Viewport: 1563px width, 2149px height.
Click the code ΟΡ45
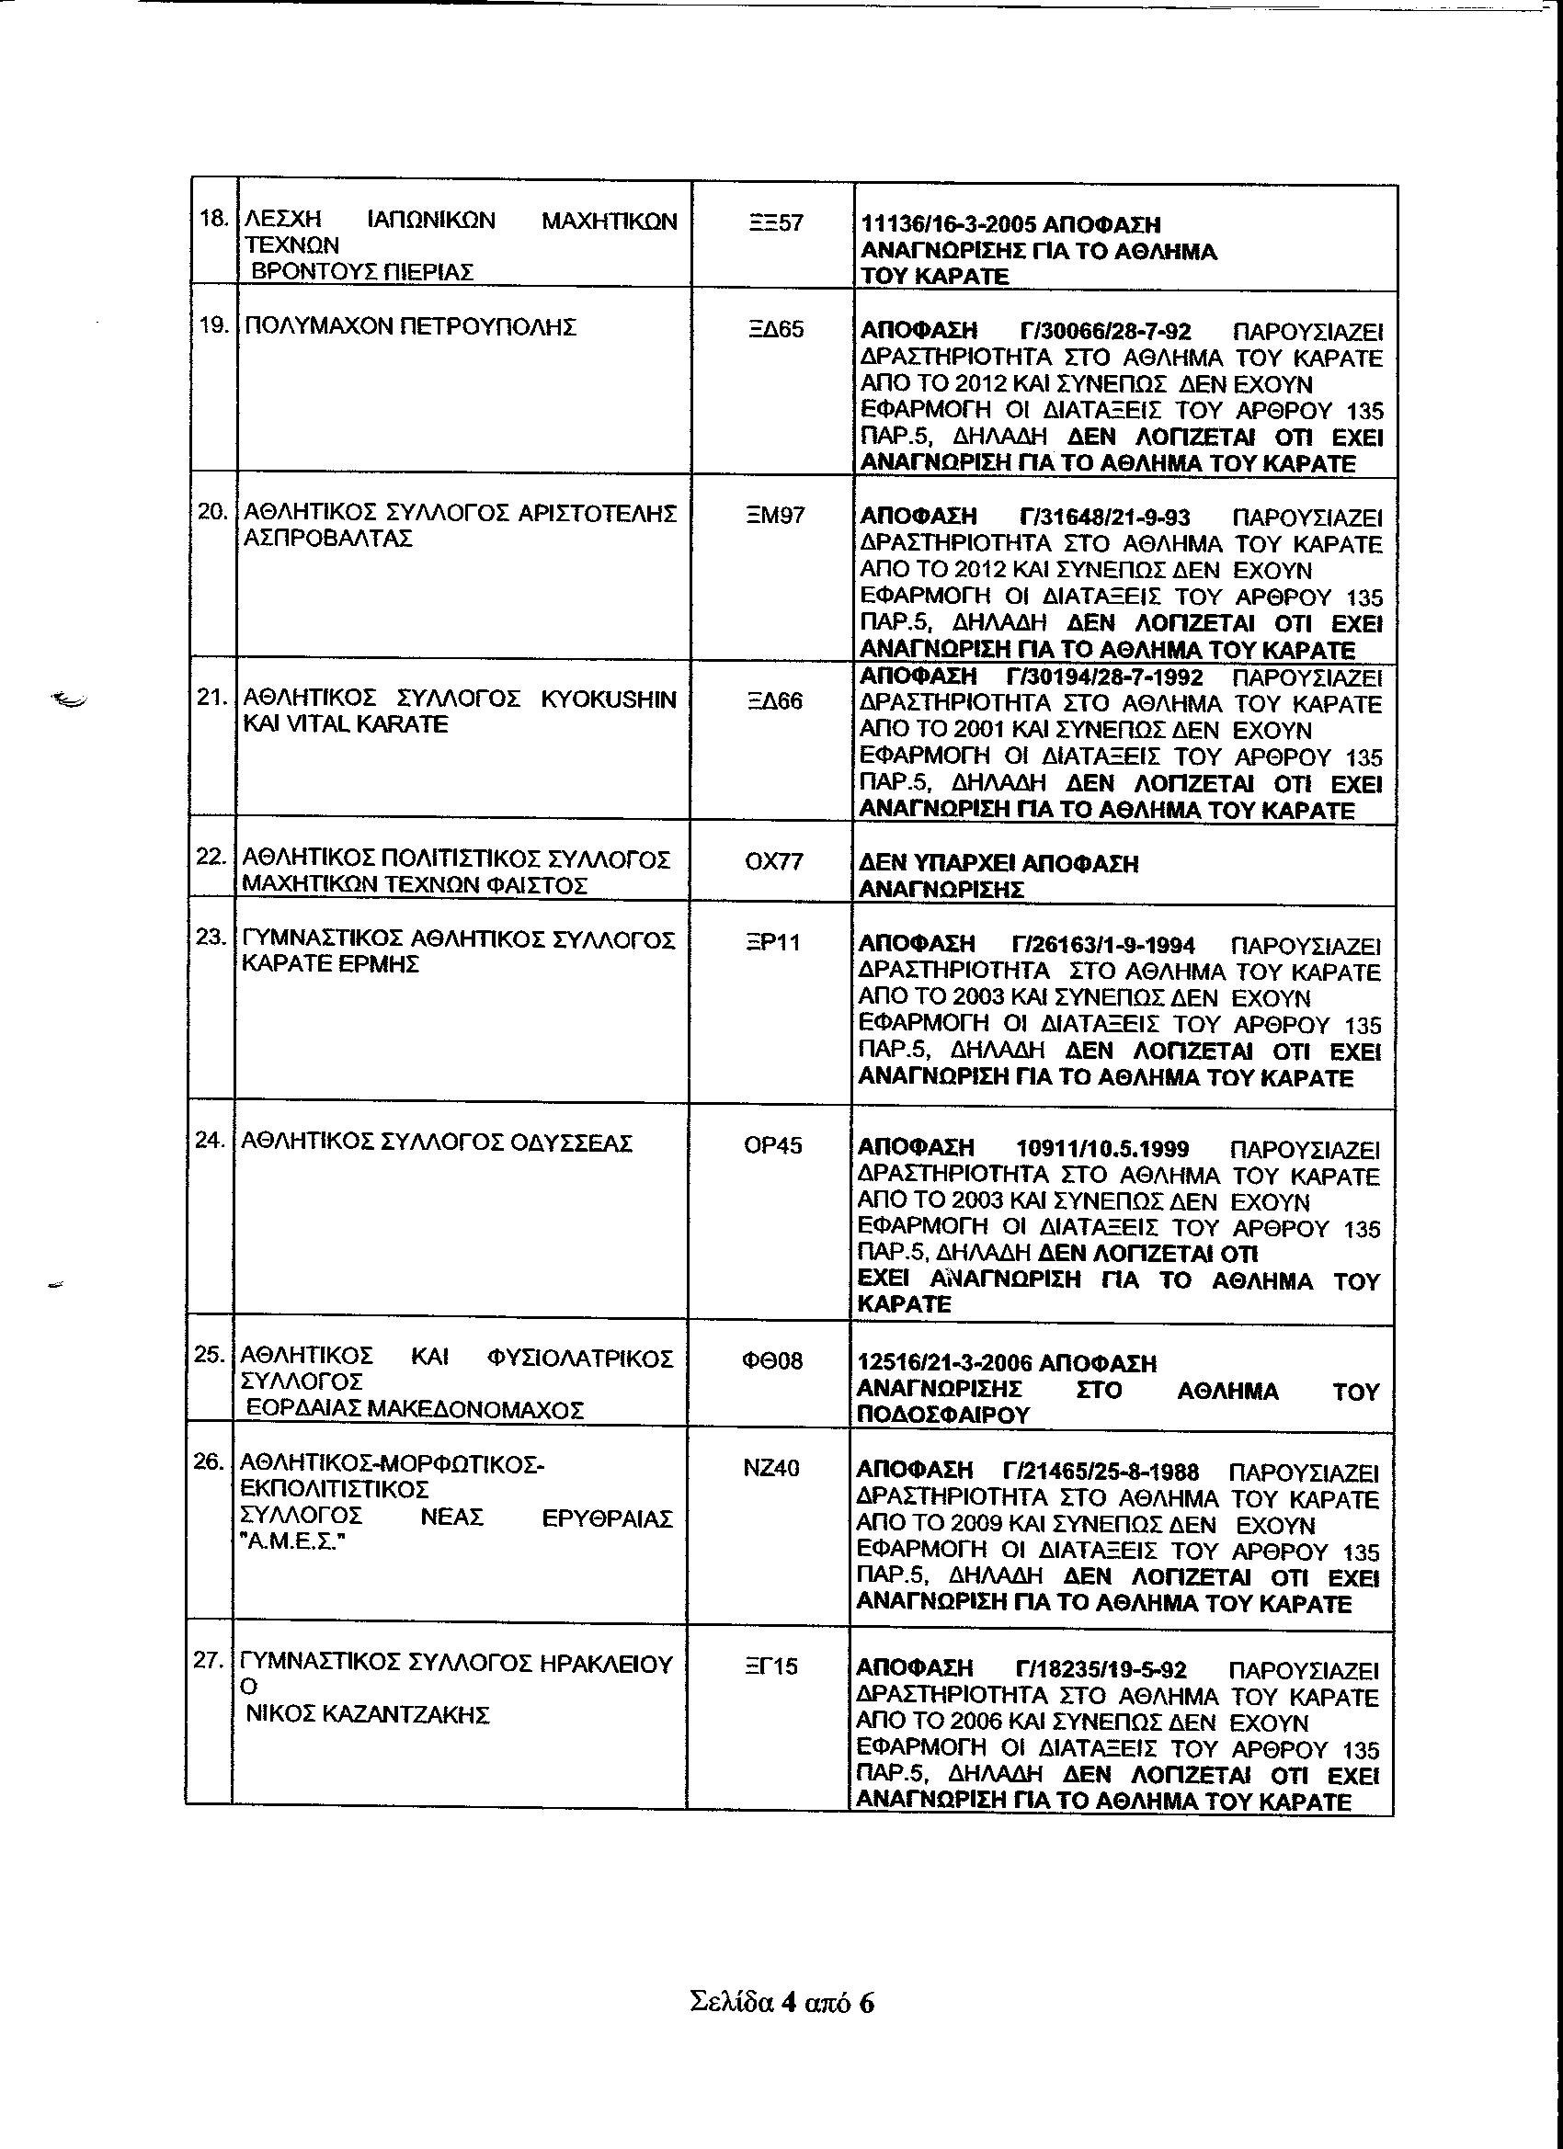pyautogui.click(x=772, y=1145)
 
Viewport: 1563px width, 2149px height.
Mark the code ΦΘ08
pyautogui.click(x=771, y=1360)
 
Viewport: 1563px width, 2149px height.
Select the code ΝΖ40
pyautogui.click(x=771, y=1468)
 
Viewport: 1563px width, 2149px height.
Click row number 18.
pyautogui.click(x=213, y=220)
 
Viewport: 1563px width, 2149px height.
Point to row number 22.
pyautogui.click(x=211, y=857)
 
